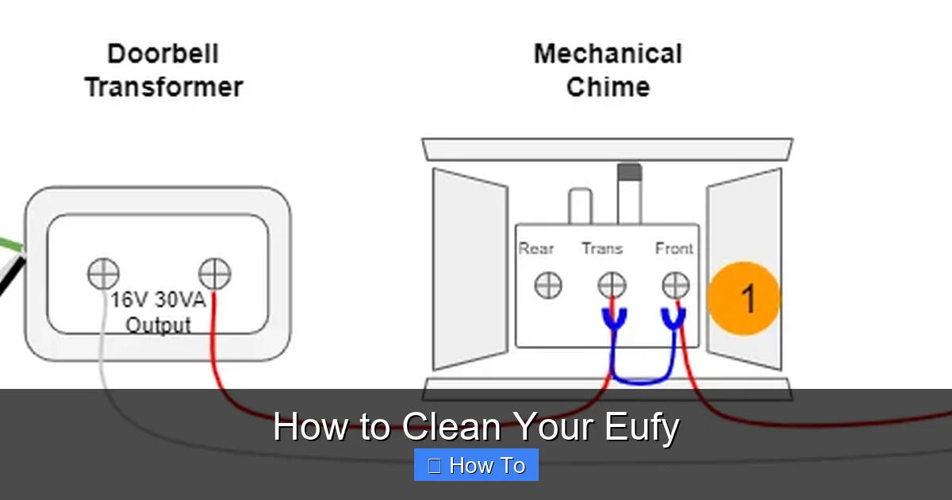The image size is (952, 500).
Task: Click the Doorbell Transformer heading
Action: click(x=163, y=70)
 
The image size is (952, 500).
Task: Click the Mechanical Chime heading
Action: click(x=608, y=70)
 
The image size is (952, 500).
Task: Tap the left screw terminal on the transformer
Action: click(x=103, y=275)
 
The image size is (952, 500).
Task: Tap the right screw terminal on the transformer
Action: click(x=214, y=275)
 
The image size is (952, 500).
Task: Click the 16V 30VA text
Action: click(x=158, y=301)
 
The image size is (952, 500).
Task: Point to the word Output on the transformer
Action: click(x=159, y=325)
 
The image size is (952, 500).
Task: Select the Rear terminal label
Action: click(x=536, y=248)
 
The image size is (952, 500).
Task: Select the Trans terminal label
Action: click(x=602, y=248)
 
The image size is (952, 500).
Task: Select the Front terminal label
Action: click(x=674, y=248)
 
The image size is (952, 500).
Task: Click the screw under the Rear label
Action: click(x=548, y=285)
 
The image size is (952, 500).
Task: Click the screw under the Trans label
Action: click(x=612, y=285)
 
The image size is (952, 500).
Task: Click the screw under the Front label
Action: click(x=675, y=285)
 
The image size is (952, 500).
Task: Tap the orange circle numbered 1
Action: click(x=744, y=298)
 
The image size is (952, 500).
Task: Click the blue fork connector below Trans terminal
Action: click(x=612, y=319)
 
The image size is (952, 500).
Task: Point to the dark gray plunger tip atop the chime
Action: click(x=629, y=171)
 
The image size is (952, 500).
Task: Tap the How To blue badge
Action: click(x=476, y=465)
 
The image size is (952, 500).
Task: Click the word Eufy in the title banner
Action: click(x=641, y=427)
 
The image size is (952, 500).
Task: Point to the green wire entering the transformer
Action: click(x=10, y=244)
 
